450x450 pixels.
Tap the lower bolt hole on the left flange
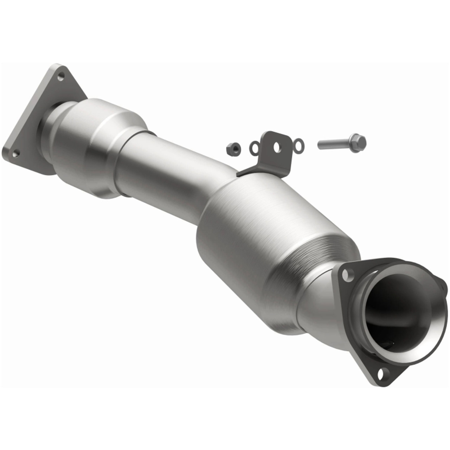16,152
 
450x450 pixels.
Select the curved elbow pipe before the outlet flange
316,302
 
